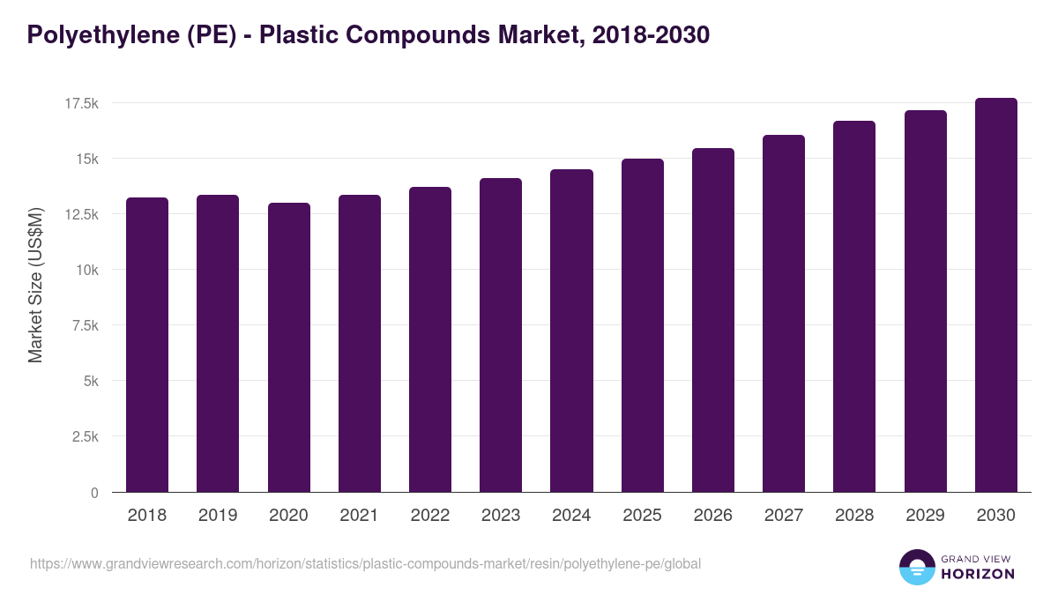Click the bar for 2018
point(147,345)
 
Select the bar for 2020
point(288,347)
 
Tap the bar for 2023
point(501,335)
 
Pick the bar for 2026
point(712,320)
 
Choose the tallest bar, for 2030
point(995,295)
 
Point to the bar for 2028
point(854,307)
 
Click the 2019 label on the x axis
point(218,516)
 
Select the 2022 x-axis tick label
point(430,516)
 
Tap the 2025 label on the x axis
point(642,516)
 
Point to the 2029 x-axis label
point(925,516)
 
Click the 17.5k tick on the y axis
point(81,104)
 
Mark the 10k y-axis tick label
point(86,271)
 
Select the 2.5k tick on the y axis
point(85,437)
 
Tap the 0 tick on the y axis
point(94,493)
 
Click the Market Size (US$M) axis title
point(35,285)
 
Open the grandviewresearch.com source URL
point(366,563)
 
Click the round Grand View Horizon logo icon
point(917,567)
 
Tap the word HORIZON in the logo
point(979,574)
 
